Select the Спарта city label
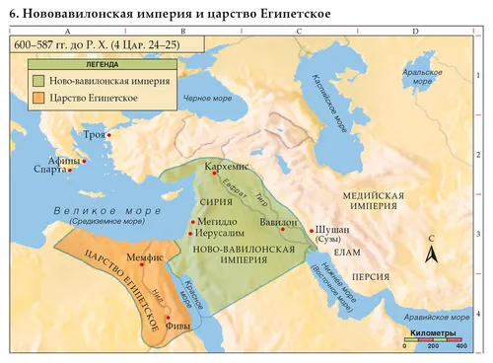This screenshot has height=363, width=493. [x=50, y=171]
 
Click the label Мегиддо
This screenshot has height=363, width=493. [x=217, y=224]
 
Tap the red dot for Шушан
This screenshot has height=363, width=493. [x=312, y=228]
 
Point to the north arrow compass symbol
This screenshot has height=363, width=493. [x=431, y=254]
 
